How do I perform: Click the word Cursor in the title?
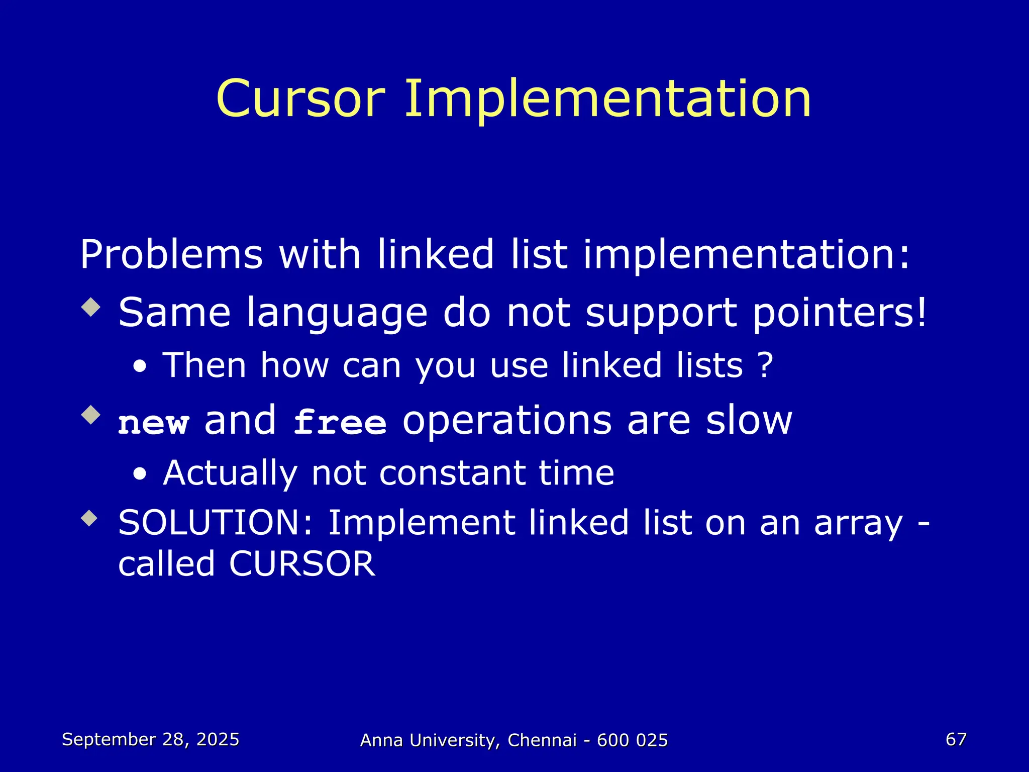300,99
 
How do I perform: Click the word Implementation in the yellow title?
608,100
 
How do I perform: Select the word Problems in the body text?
171,255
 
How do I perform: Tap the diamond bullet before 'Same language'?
90,307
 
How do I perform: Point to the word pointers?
839,313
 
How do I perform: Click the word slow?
749,421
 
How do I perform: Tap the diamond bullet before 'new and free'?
90,415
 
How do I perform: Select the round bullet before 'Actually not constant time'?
141,474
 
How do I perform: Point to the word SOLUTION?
216,523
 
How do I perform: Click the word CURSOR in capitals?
302,564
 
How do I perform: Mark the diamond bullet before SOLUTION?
90,518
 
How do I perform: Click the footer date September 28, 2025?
151,739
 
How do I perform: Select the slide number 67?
956,739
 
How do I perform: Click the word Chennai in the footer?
542,740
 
